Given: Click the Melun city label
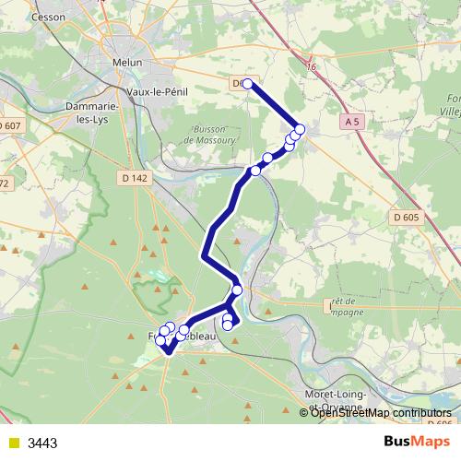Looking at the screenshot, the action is (128, 63).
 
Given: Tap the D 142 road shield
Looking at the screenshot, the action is (134, 177).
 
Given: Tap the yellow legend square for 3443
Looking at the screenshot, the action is (12, 443).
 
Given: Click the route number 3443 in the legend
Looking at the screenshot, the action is (43, 443).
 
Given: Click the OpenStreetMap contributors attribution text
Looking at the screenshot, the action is (380, 412).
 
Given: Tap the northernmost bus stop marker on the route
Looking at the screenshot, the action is (247, 84).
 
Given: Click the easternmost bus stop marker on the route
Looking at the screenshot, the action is (300, 129).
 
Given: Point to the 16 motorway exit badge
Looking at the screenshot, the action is (311, 66).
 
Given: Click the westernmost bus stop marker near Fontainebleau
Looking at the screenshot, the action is (161, 341).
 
